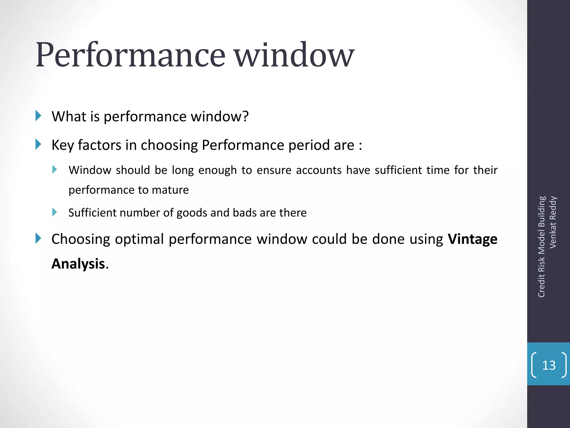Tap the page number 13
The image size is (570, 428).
tap(549, 365)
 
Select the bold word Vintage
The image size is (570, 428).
tap(472, 239)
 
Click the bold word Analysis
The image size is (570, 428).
tap(78, 264)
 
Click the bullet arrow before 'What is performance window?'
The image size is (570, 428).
tap(38, 116)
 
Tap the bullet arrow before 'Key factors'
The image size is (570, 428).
tap(38, 144)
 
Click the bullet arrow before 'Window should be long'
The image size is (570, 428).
tap(55, 169)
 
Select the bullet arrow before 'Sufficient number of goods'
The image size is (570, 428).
tap(55, 212)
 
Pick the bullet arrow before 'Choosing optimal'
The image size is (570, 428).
tap(38, 239)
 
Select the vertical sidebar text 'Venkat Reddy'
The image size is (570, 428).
tap(553, 222)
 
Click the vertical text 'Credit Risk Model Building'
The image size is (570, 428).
tap(541, 247)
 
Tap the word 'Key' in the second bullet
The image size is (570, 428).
tap(63, 145)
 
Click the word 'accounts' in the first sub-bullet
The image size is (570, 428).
tap(319, 170)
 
